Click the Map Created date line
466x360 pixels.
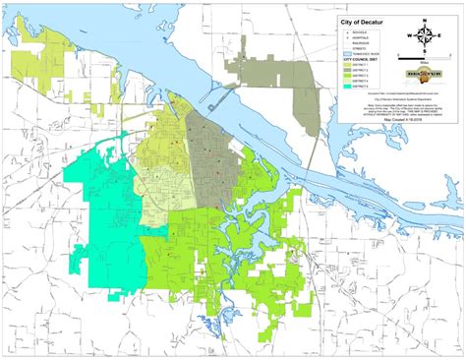coord(391,138)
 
